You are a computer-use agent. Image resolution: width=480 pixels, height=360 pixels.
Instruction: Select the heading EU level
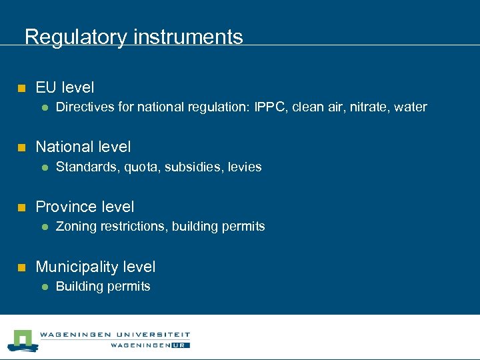pos(65,87)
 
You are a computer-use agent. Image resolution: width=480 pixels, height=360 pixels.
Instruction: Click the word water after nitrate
pos(411,107)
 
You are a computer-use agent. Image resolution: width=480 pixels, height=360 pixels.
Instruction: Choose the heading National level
pos(83,147)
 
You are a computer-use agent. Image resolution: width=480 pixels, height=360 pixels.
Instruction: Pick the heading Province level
pos(85,207)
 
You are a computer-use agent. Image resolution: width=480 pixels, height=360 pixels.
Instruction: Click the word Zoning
pos(76,227)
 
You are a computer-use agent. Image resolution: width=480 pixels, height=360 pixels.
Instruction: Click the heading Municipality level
pos(95,267)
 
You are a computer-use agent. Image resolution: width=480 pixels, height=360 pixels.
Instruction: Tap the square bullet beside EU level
pos(21,88)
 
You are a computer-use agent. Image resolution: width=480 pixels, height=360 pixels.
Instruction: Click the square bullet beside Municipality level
pos(21,267)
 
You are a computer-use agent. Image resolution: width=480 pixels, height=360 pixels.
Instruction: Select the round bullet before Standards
pos(43,167)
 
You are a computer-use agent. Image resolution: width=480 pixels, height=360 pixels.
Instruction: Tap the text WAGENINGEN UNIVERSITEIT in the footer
pos(115,335)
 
